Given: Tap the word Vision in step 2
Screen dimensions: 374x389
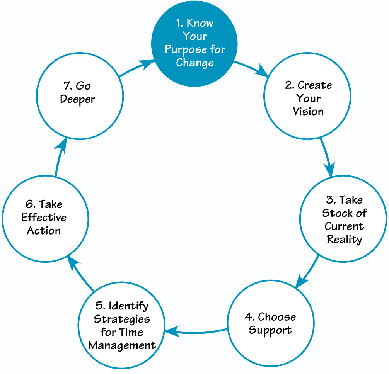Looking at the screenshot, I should [308, 112].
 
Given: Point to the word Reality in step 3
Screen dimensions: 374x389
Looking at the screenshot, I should [344, 239].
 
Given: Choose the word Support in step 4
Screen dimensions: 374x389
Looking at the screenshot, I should [270, 331].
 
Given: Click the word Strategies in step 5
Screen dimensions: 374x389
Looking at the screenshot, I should [122, 320].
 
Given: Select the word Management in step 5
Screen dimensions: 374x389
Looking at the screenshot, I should [122, 345].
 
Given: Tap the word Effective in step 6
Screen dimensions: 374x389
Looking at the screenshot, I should [44, 218].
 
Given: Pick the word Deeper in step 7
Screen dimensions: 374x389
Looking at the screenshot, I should [78, 99].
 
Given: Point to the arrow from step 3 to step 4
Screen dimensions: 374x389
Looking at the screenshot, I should [307, 273].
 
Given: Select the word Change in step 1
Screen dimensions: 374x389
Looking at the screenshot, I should [194, 63].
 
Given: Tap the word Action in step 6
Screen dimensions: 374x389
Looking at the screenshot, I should [44, 231].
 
